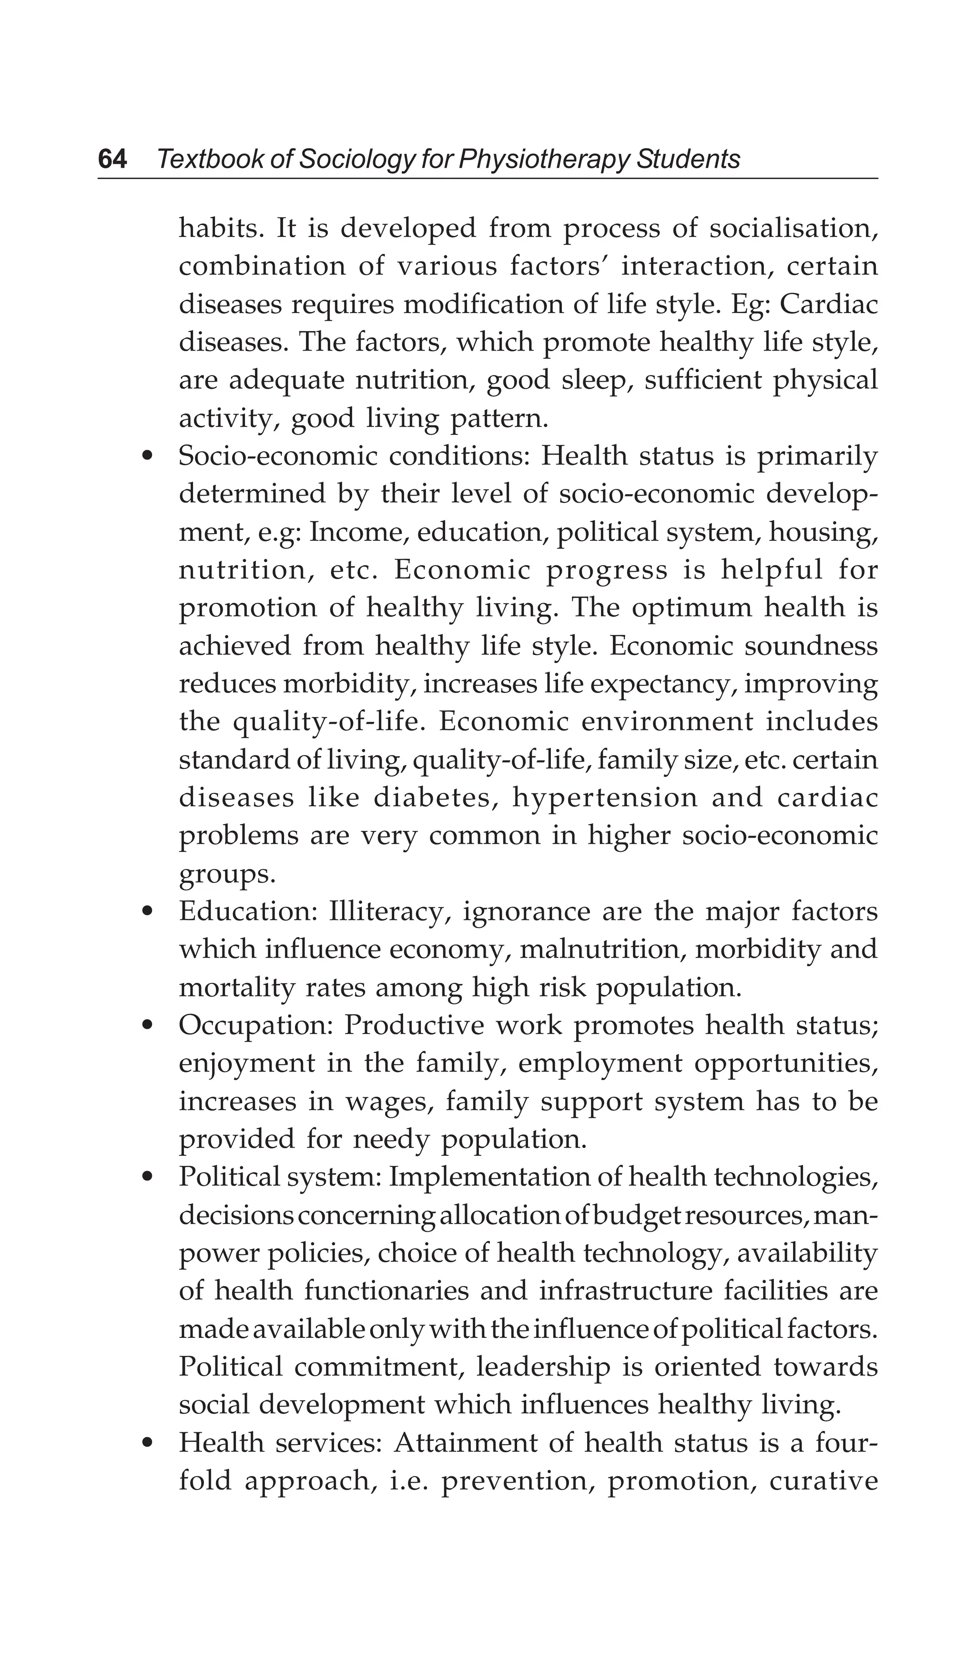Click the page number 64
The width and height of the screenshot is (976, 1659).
coord(112,159)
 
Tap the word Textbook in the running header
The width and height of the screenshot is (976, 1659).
coord(207,159)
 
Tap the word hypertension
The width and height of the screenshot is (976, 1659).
coord(605,799)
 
